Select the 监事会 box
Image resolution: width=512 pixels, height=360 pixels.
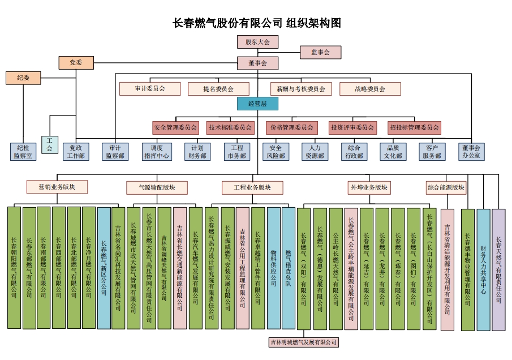[x=320, y=52]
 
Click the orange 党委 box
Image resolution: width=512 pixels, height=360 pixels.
[x=76, y=62]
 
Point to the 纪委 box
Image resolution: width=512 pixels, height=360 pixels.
[x=23, y=78]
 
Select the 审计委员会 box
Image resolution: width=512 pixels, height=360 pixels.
[x=150, y=89]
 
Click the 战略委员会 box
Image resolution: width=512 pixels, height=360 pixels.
[x=370, y=89]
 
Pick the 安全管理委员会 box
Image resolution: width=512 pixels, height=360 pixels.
[x=175, y=127]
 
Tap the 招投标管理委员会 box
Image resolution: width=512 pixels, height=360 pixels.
[x=415, y=127]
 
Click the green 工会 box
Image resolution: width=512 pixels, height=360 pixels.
[x=49, y=145]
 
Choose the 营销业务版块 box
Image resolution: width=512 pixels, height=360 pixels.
[x=57, y=187]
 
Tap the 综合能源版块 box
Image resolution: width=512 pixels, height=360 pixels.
[x=446, y=187]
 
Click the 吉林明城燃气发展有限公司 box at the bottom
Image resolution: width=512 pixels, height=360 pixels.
[x=303, y=342]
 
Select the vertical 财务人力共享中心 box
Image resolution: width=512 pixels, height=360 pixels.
[x=483, y=269]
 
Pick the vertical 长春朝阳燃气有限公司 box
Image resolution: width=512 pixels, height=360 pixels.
[x=14, y=267]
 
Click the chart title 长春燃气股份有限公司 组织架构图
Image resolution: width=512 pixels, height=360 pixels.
[x=256, y=23]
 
